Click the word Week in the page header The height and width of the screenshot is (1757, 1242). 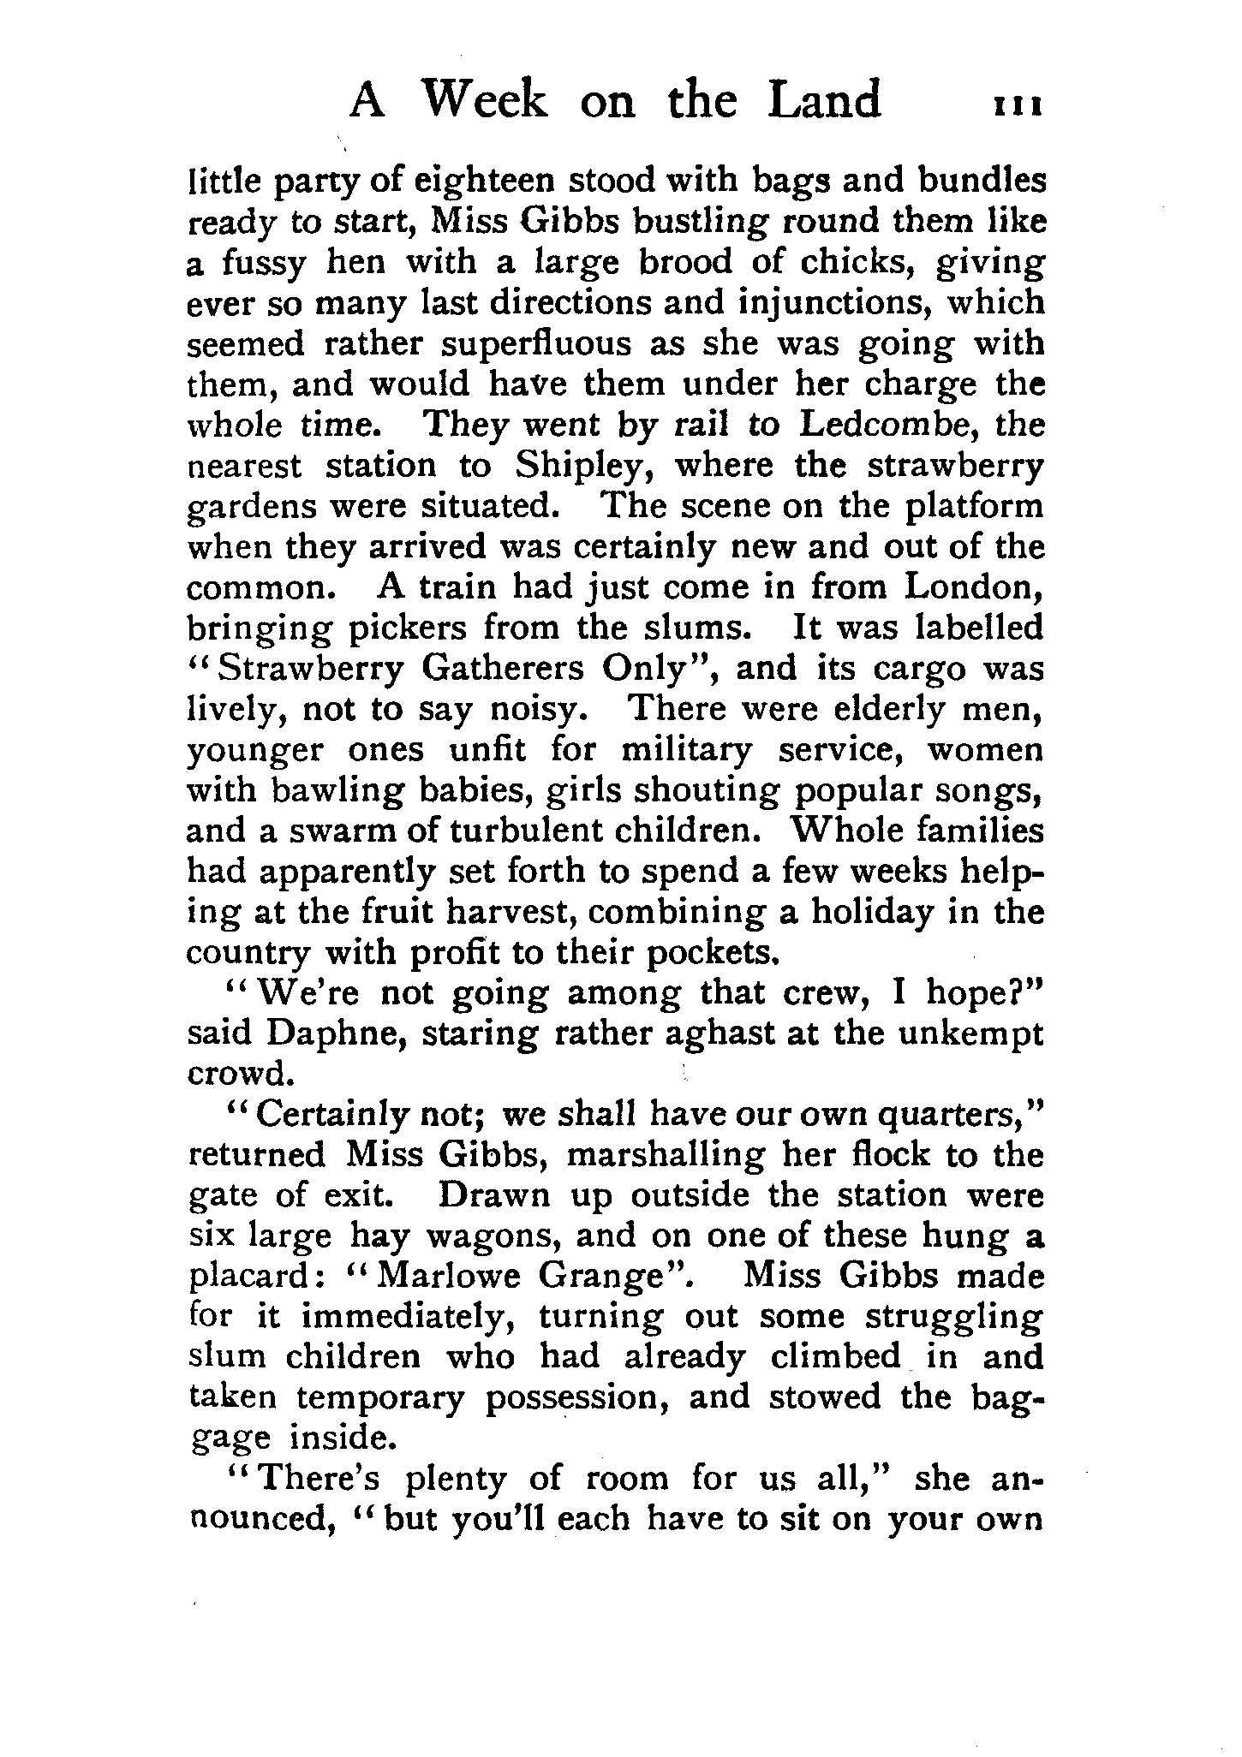[485, 100]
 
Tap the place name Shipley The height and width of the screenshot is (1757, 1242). [586, 466]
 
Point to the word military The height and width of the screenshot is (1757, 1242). [686, 751]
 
